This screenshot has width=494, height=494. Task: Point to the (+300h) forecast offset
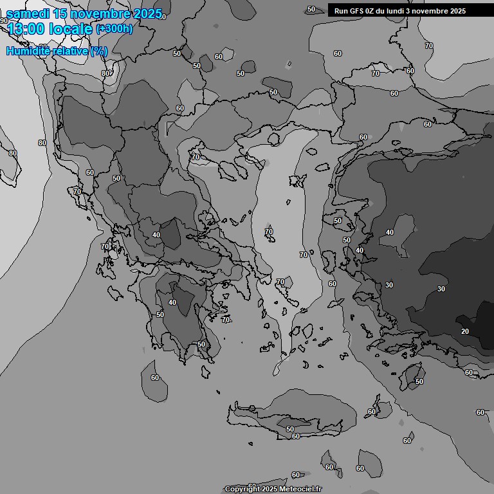tap(114, 29)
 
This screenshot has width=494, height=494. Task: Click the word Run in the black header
tap(341, 11)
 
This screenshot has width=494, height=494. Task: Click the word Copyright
tap(242, 489)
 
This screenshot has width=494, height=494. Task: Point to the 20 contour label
tap(465, 331)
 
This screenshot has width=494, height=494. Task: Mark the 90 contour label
tap(4, 21)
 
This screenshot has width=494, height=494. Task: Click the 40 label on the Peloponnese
tap(172, 302)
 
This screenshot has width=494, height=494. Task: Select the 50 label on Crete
tap(290, 429)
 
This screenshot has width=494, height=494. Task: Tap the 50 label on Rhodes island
tap(419, 382)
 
